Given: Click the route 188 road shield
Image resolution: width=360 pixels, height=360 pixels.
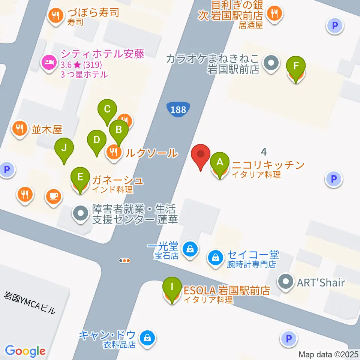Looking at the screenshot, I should tap(178, 109).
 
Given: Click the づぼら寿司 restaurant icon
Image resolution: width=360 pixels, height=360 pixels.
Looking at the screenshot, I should tap(56, 15).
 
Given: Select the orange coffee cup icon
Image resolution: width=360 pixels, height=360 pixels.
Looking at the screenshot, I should tap(54, 196).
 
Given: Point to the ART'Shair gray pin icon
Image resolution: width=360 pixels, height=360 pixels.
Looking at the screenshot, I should tap(286, 281).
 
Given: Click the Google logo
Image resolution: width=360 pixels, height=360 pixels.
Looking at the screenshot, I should tap(25, 351).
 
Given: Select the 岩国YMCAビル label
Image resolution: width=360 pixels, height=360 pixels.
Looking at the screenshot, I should tap(30, 303).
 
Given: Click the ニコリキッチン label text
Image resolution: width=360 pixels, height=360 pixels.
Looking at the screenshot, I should tap(268, 165).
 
